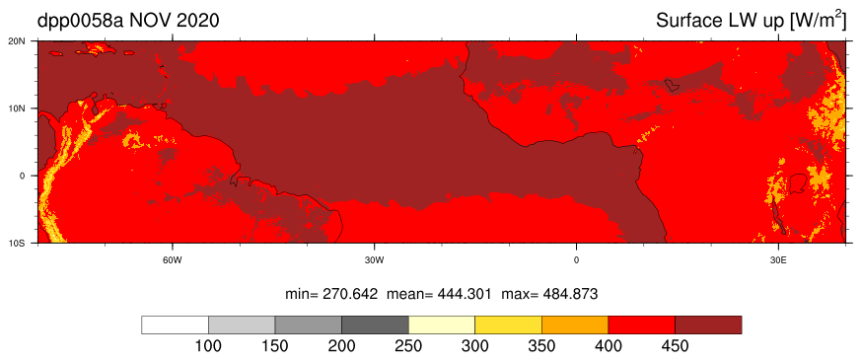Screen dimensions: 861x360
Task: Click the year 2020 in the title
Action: pyautogui.click(x=196, y=21)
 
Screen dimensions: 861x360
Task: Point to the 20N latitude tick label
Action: pyautogui.click(x=25, y=41)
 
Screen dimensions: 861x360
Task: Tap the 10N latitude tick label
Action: pyautogui.click(x=25, y=108)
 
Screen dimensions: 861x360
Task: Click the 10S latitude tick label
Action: pyautogui.click(x=25, y=243)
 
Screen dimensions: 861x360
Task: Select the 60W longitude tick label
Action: pyautogui.click(x=173, y=258)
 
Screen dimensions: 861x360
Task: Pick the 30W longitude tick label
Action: pyautogui.click(x=374, y=258)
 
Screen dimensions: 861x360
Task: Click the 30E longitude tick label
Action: pyautogui.click(x=778, y=258)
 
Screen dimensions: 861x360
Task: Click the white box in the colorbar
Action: pyautogui.click(x=176, y=324)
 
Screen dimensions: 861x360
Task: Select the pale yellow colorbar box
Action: pyautogui.click(x=442, y=324)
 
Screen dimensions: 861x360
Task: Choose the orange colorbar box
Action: pyautogui.click(x=575, y=324)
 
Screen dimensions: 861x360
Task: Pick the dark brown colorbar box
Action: pyautogui.click(x=708, y=324)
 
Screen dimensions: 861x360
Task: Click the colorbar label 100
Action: pyautogui.click(x=209, y=347)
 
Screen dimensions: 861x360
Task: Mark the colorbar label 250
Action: pyautogui.click(x=408, y=347)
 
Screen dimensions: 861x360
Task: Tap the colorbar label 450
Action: pyautogui.click(x=675, y=347)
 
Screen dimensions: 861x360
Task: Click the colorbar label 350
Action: pyautogui.click(x=542, y=347)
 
